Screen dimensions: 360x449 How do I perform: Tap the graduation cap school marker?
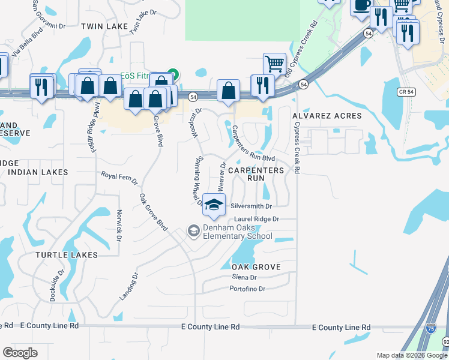coord(214,205)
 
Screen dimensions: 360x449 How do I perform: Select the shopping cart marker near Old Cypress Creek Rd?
coord(274,63)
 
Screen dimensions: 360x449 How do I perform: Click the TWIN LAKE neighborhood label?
coord(104,26)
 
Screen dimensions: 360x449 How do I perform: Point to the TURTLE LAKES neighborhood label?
coord(66,255)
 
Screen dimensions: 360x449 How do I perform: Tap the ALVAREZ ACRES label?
coord(327,115)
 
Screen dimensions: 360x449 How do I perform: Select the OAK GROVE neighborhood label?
coord(256,266)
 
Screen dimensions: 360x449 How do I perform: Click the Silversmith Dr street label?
coord(252,206)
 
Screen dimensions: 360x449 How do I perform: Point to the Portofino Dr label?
coord(247,289)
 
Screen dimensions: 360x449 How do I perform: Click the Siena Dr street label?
coord(244,277)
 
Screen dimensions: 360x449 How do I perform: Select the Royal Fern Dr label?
coord(119,178)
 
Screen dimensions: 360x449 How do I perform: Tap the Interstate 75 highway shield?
coord(430,329)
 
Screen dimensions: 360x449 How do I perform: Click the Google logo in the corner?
coord(20,353)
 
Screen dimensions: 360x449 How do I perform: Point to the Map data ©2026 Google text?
coord(412,355)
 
